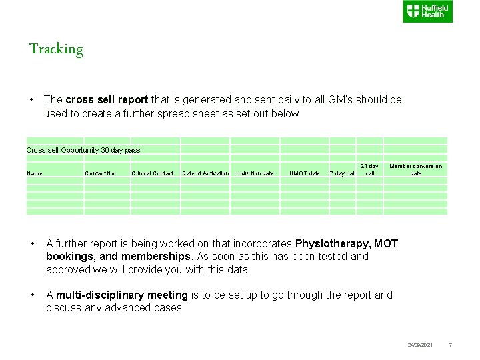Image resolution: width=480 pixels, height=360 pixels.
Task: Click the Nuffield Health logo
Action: point(427,11)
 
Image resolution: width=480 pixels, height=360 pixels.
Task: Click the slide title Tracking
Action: point(56,49)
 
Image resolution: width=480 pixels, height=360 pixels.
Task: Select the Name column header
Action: point(35,173)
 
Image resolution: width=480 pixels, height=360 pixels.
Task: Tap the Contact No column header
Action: point(100,173)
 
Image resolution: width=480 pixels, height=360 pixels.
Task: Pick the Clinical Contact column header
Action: point(153,173)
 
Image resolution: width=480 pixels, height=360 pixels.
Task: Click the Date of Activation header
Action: point(205,173)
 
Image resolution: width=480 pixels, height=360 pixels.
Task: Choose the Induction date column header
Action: point(255,173)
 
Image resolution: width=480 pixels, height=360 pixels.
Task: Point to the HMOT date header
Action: point(305,173)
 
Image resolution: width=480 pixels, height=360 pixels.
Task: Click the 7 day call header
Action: point(343,173)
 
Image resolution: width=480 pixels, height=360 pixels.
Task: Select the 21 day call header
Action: point(370,169)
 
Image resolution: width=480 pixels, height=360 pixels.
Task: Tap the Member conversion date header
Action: point(415,169)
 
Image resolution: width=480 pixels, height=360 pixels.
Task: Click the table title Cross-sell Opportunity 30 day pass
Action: point(83,150)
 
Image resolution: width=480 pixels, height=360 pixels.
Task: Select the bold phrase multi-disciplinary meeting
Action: point(122,295)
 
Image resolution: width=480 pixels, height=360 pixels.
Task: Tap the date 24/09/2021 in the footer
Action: point(420,345)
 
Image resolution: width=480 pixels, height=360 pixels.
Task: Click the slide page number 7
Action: point(451,345)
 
